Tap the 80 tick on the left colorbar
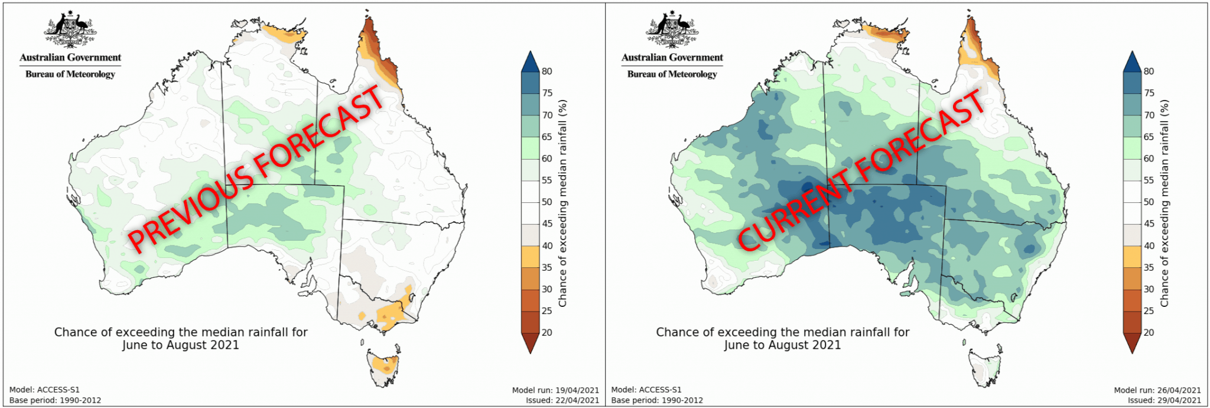tap(547, 72)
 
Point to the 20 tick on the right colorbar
tap(1149, 332)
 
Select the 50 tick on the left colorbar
tap(547, 202)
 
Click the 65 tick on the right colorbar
tap(1149, 137)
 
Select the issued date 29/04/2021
tap(1179, 400)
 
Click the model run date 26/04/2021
tap(1179, 390)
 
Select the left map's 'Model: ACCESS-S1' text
tap(44, 390)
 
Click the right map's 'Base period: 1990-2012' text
tap(657, 400)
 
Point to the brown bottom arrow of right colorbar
tap(1131, 342)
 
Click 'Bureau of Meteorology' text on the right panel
tap(672, 75)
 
